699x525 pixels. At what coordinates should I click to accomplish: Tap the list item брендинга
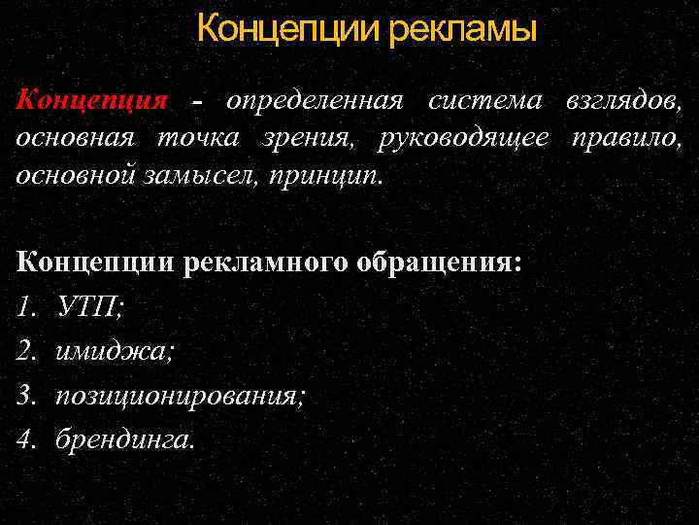pyautogui.click(x=125, y=438)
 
